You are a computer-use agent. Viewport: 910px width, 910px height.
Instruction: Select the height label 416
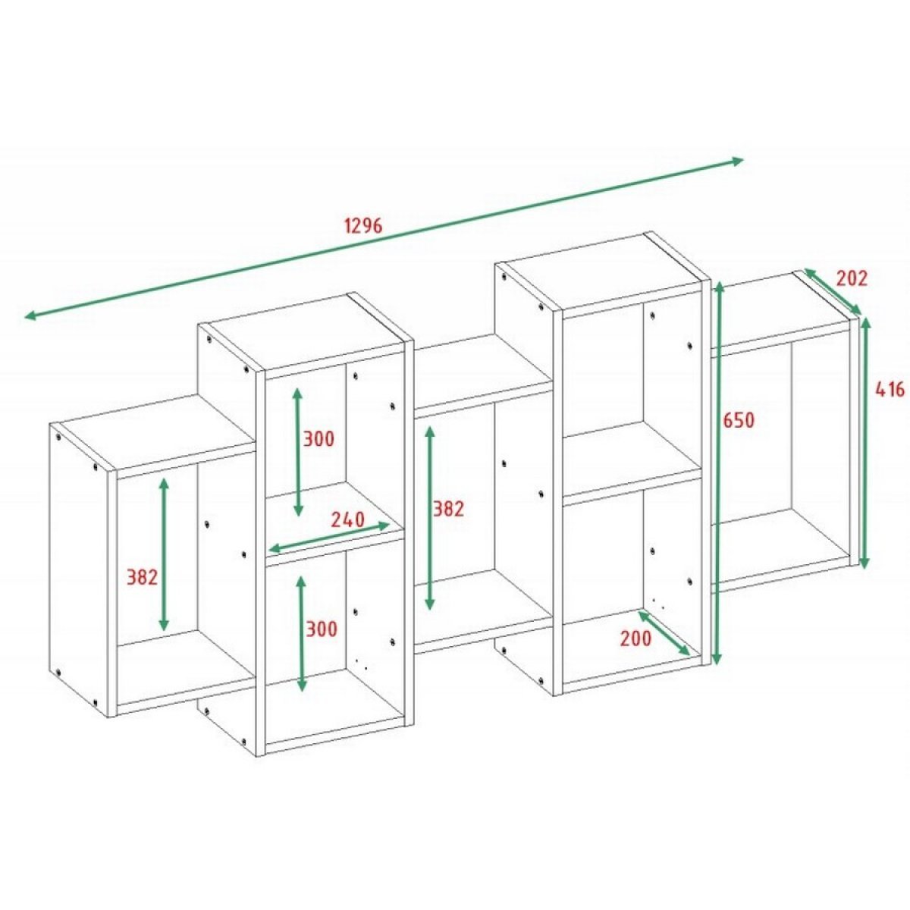[x=890, y=390]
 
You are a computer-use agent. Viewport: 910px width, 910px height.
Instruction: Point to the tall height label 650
[x=739, y=420]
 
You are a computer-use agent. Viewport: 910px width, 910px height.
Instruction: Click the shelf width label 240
[x=347, y=519]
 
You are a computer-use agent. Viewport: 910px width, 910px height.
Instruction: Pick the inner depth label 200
[x=635, y=639]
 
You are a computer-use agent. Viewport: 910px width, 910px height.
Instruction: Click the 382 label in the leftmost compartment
[x=142, y=576]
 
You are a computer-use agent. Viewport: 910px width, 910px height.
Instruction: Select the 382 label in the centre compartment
[x=450, y=509]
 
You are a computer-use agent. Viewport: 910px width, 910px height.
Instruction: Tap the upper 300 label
[x=318, y=439]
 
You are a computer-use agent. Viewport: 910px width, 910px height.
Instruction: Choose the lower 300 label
[x=321, y=629]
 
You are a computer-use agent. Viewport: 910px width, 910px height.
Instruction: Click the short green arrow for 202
[x=833, y=291]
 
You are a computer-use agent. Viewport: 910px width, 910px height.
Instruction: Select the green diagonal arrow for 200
[x=664, y=633]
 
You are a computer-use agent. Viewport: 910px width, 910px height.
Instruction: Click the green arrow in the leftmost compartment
[x=164, y=554]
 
